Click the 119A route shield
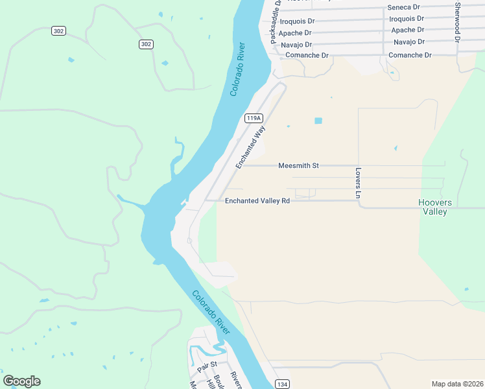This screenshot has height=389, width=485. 254,118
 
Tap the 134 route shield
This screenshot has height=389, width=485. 281,383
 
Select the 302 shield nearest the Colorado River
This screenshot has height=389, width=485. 146,44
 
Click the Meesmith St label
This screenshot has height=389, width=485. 298,165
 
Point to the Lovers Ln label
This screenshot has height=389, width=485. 357,183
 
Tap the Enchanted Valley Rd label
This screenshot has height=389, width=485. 257,201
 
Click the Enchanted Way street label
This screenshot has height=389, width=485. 251,147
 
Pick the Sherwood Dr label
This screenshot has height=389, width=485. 458,22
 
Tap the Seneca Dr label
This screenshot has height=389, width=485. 403,7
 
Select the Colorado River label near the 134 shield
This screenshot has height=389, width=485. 211,309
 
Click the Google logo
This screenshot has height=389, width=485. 21,381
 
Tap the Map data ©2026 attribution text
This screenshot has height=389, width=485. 457,383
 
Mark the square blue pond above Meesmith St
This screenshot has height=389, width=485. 318,121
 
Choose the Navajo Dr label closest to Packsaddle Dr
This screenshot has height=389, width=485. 296,45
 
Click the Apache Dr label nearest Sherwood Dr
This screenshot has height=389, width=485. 408,30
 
